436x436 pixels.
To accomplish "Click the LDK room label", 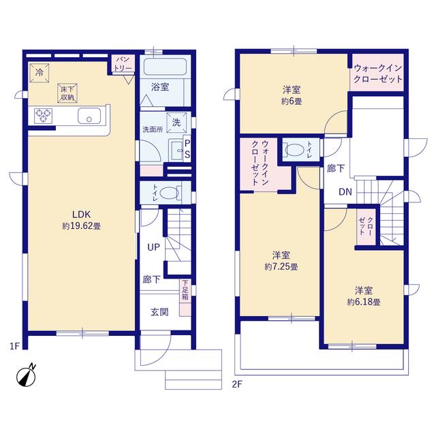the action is click(82, 215).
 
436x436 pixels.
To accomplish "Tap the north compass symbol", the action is click(26, 375).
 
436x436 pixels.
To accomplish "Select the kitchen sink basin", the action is click(89, 116).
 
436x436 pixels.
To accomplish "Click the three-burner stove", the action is click(43, 116).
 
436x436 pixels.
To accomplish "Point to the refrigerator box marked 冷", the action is click(40, 73).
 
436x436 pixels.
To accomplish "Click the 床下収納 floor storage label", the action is click(67, 93).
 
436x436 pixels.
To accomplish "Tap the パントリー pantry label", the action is click(123, 63).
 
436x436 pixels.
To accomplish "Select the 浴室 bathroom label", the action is click(160, 87).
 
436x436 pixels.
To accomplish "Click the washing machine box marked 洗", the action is click(176, 123).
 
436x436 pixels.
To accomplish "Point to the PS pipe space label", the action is click(187, 149).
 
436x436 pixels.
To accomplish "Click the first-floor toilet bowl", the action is click(170, 192).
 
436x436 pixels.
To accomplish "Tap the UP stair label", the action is click(153, 247).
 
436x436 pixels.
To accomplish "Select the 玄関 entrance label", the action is click(159, 312).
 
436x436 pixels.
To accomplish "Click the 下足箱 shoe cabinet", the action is click(185, 298).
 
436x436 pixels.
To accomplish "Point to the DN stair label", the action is click(345, 192).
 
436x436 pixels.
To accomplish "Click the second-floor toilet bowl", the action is click(295, 150).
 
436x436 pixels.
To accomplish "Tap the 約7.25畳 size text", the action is click(281, 267).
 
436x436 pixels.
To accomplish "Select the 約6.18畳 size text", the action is click(363, 302).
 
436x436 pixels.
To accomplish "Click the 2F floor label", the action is click(237, 384).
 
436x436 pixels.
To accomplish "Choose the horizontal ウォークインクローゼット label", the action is click(378, 74).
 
